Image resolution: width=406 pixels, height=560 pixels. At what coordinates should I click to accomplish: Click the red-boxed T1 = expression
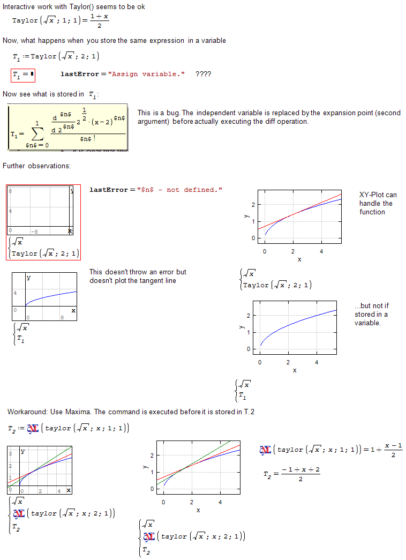[x=23, y=76]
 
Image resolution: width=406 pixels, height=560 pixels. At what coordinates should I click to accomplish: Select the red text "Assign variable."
[x=147, y=74]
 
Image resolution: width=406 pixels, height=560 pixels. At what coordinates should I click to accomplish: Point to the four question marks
[x=203, y=74]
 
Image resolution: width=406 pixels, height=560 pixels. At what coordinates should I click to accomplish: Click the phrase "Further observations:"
[x=36, y=166]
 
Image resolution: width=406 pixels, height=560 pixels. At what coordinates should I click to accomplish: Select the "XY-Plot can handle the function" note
[x=378, y=203]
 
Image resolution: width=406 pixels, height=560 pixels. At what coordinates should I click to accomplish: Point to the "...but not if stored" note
[x=371, y=314]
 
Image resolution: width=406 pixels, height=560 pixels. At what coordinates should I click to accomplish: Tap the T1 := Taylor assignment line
[x=55, y=56]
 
